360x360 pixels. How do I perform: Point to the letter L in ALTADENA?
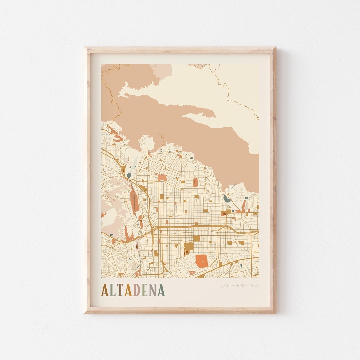(112, 290)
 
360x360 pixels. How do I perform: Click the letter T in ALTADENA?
(120, 290)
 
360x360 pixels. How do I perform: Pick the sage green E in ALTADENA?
(144, 290)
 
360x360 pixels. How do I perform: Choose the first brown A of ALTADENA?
(105, 290)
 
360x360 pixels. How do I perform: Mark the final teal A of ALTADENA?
(161, 290)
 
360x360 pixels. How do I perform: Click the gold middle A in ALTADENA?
(128, 290)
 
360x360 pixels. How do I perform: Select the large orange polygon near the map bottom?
(201, 261)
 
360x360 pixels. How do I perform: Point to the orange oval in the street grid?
(196, 182)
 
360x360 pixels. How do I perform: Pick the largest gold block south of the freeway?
(189, 248)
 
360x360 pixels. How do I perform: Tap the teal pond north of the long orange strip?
(129, 175)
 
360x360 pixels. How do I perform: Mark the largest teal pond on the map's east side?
(228, 199)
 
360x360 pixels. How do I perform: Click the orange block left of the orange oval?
(163, 178)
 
